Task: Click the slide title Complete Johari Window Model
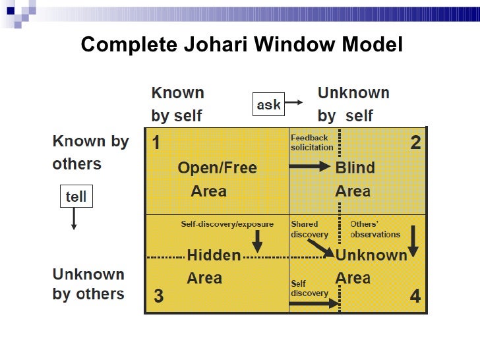tap(241, 45)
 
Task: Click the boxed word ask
tap(268, 104)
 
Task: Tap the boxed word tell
tap(76, 196)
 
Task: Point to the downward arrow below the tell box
tap(74, 219)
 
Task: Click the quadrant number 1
tap(156, 143)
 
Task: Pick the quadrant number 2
tap(415, 142)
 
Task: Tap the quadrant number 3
tap(158, 297)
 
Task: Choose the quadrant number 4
tap(415, 297)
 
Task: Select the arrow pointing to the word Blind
tap(311, 167)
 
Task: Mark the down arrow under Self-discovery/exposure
tap(257, 241)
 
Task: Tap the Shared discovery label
tap(309, 229)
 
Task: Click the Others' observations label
tap(375, 229)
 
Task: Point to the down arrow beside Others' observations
tap(413, 242)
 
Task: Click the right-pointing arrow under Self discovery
tap(314, 304)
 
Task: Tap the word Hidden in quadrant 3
tap(214, 255)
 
